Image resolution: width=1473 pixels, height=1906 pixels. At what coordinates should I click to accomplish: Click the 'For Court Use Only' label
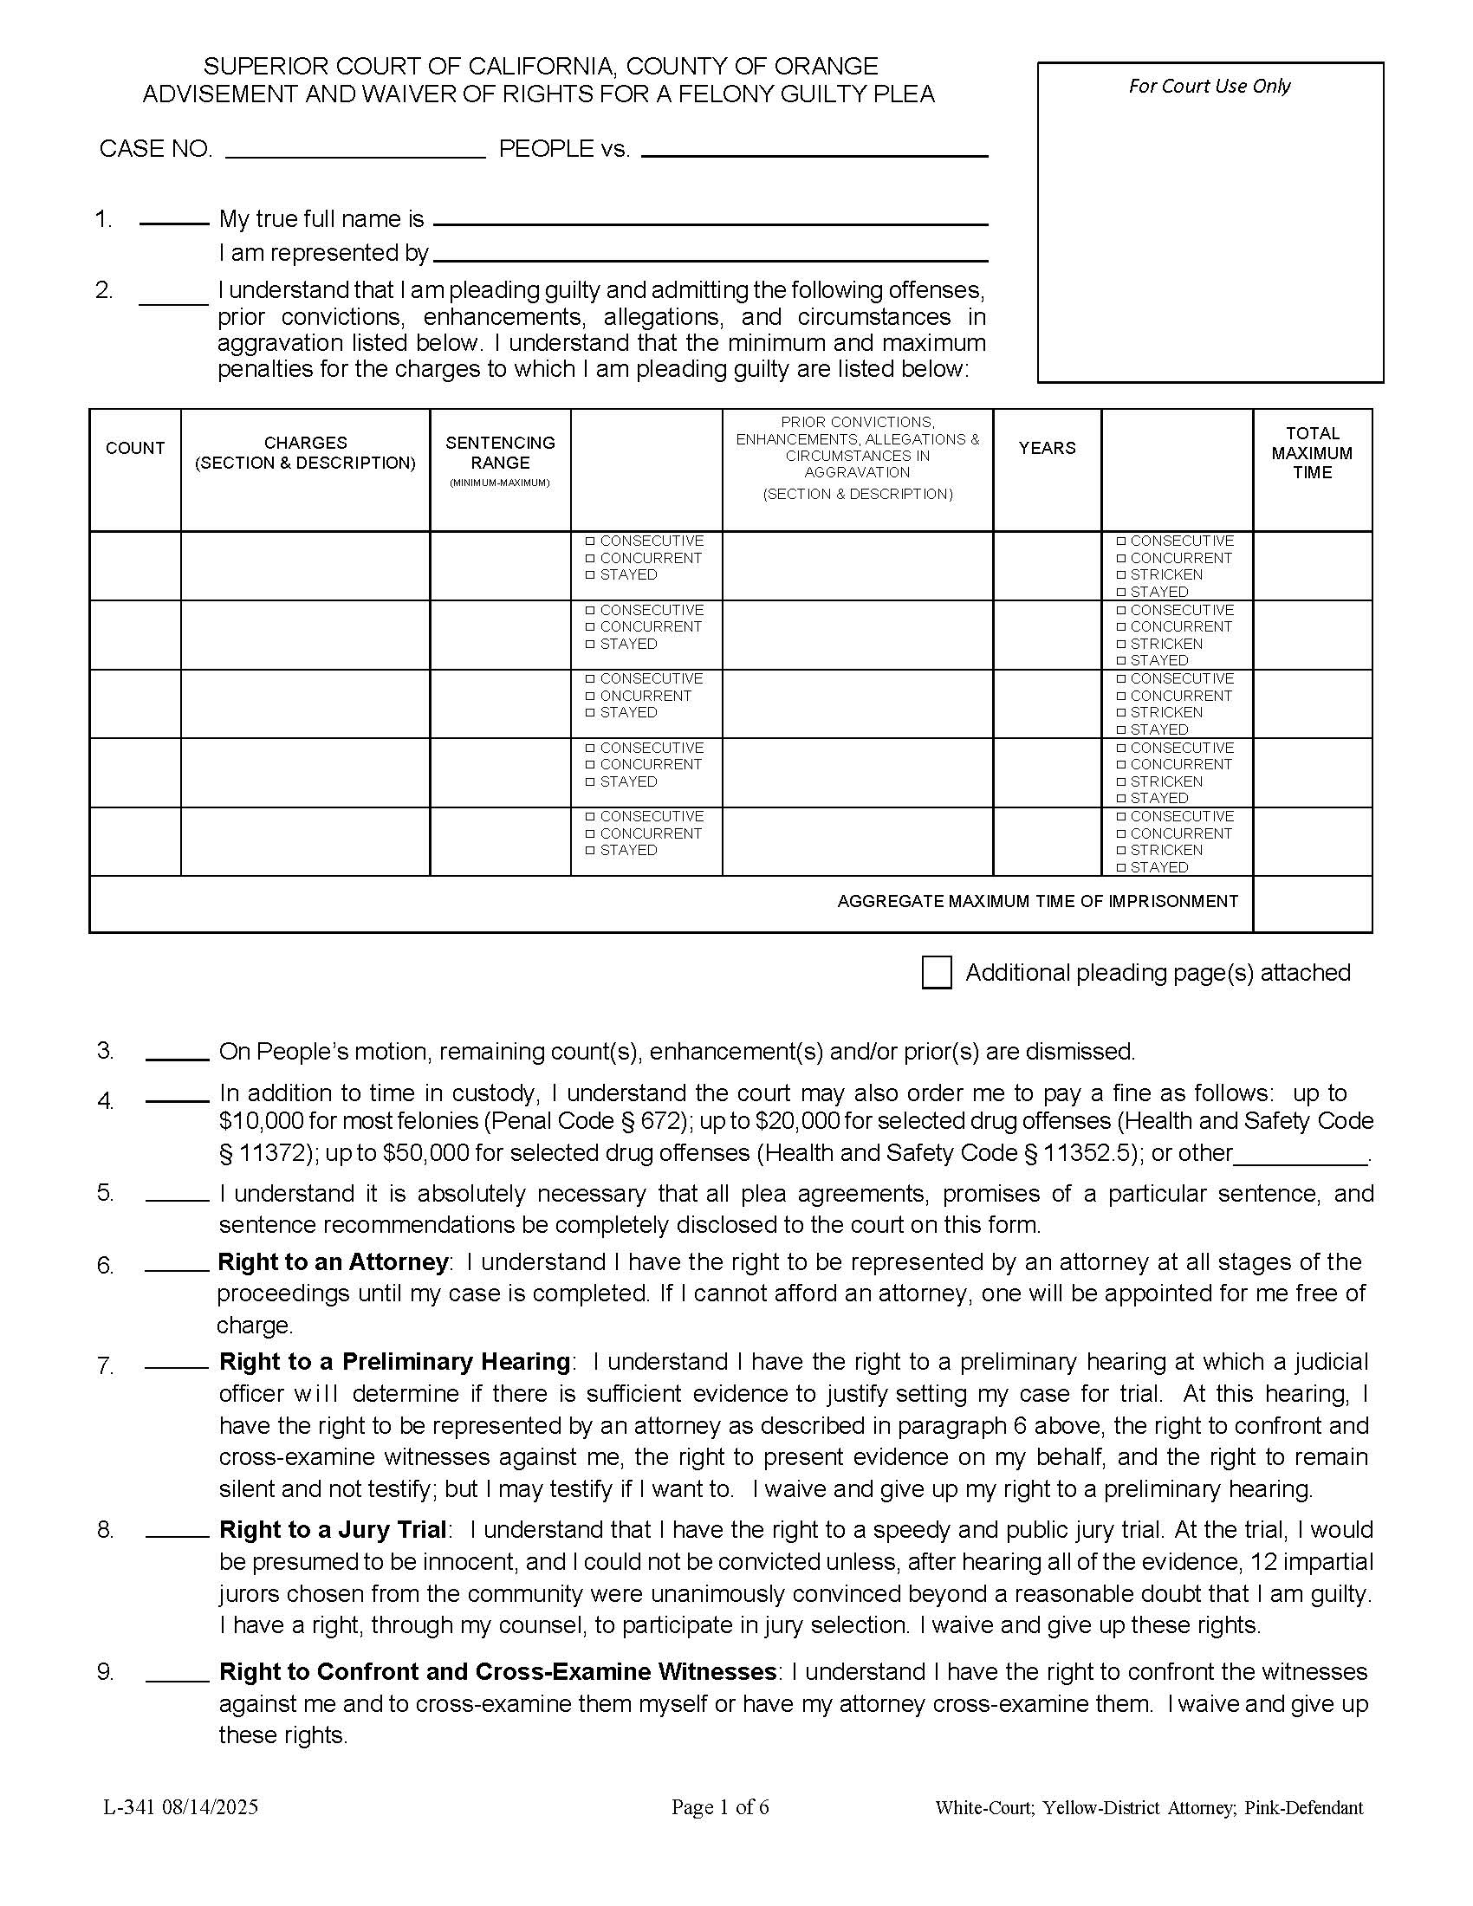click(1209, 87)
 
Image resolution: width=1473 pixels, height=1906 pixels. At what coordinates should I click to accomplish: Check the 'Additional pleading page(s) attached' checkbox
click(937, 972)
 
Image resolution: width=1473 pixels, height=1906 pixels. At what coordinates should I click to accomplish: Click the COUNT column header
click(135, 449)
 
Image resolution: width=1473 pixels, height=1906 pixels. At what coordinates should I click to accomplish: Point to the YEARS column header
click(1047, 449)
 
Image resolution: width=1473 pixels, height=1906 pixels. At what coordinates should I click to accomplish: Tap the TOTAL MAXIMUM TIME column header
click(1312, 453)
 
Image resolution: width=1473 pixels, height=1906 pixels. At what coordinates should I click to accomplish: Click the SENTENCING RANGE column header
click(500, 453)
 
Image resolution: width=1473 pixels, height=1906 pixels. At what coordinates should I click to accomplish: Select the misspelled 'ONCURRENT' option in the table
click(645, 696)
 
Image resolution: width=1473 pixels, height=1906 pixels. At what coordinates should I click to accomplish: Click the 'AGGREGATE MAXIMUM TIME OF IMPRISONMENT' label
click(1036, 902)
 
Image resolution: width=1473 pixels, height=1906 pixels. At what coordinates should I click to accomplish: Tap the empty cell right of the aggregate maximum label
click(1312, 904)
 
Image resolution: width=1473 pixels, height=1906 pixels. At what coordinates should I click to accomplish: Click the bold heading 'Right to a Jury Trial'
click(333, 1530)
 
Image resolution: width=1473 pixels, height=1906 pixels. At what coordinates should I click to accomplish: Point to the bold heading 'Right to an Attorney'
click(333, 1262)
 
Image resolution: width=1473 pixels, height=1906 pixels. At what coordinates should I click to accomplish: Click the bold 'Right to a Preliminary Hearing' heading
click(394, 1361)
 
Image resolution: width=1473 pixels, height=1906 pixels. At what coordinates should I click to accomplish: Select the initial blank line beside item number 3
click(177, 1057)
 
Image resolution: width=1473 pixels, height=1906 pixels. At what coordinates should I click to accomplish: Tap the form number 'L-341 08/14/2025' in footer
click(180, 1807)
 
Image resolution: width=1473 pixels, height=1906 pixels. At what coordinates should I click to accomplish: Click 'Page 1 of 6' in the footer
click(720, 1807)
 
